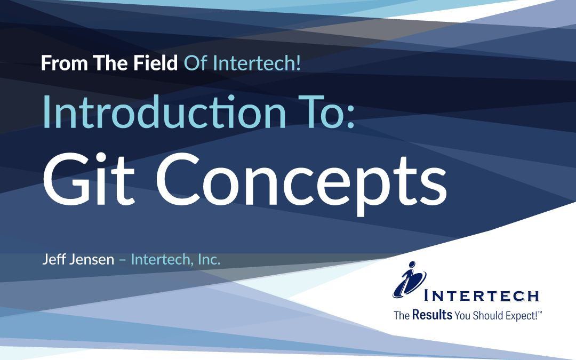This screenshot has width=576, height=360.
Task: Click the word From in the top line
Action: coord(57,65)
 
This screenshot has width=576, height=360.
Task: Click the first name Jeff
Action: coord(53,260)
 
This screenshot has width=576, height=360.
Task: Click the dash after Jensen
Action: coord(122,260)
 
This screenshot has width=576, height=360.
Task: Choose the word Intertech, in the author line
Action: coord(162,260)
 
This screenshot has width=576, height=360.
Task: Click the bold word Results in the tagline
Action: coord(433,315)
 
